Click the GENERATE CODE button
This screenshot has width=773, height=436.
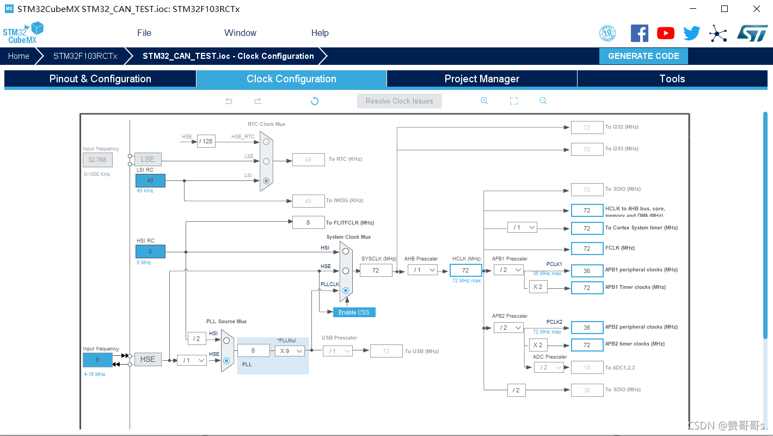(x=643, y=56)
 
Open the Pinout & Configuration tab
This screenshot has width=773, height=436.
(x=100, y=79)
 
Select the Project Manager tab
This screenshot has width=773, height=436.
(x=482, y=79)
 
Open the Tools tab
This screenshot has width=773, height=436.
(x=672, y=79)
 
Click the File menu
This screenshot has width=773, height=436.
(x=144, y=33)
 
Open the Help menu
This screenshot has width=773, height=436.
(x=320, y=33)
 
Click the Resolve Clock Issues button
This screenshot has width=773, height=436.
(x=400, y=101)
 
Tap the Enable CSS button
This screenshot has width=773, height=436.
(x=354, y=312)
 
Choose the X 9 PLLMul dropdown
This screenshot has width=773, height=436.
(x=290, y=351)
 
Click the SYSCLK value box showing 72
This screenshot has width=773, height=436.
(x=376, y=270)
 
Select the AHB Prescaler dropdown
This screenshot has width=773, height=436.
(x=422, y=270)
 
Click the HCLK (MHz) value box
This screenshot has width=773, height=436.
(x=465, y=270)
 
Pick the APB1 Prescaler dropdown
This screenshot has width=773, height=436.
(x=508, y=270)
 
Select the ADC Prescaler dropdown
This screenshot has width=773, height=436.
(x=549, y=367)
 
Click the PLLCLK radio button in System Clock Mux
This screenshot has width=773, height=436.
(x=346, y=290)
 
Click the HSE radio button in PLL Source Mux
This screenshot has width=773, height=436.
(x=226, y=360)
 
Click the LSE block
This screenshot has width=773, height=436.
(x=148, y=159)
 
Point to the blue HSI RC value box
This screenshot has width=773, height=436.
(x=150, y=252)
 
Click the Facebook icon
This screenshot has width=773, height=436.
(x=640, y=33)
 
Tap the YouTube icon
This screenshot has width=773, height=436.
(x=666, y=33)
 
